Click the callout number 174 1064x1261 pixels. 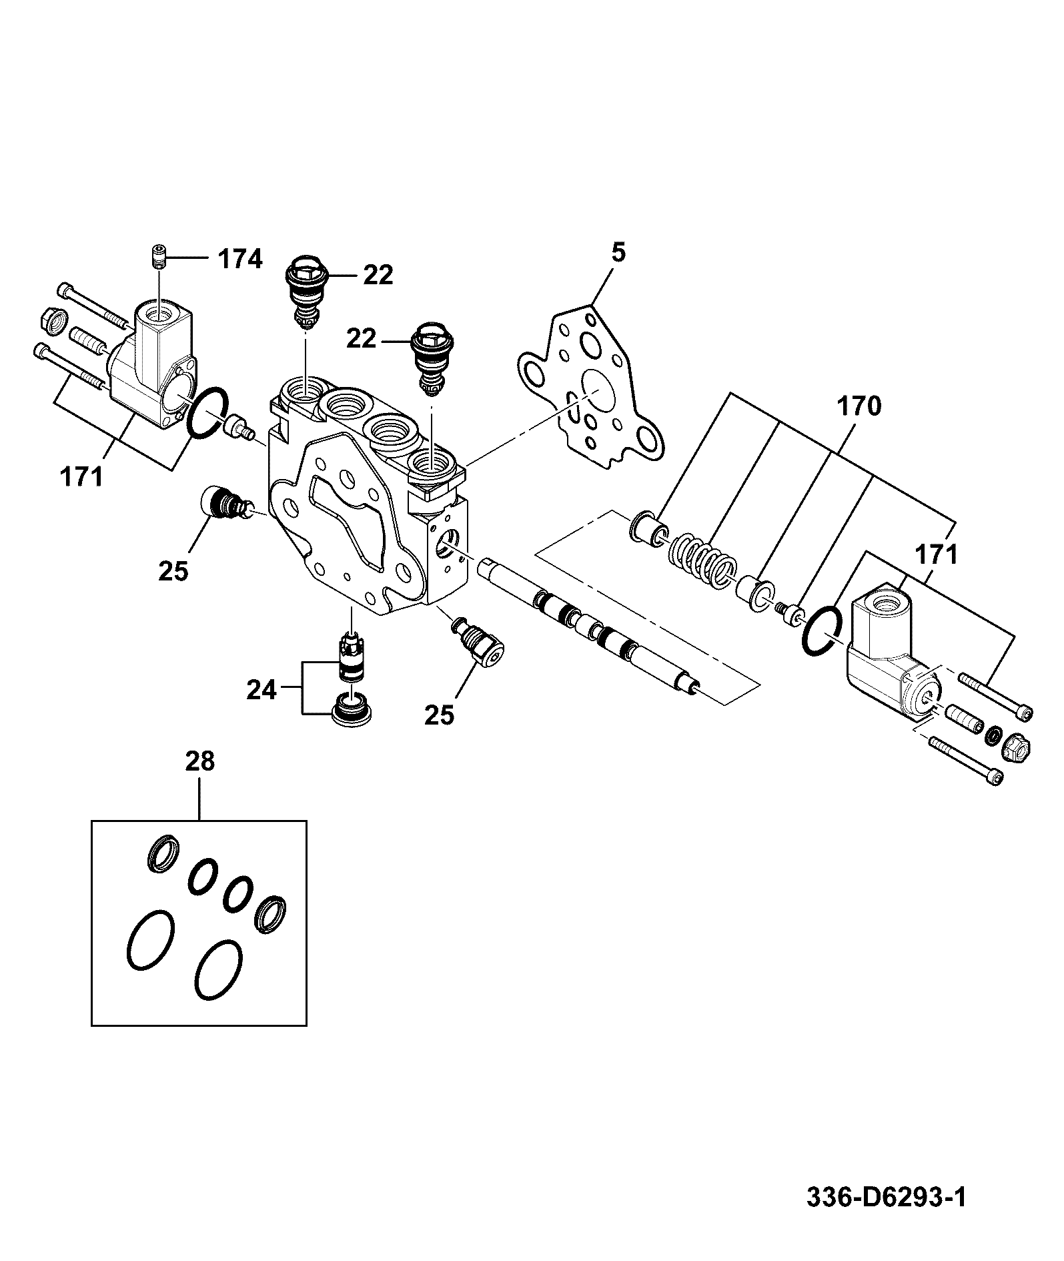point(241,259)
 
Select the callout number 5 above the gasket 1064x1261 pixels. point(618,254)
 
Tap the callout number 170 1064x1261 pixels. point(859,406)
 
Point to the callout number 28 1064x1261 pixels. point(199,761)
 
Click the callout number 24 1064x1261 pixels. point(261,690)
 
